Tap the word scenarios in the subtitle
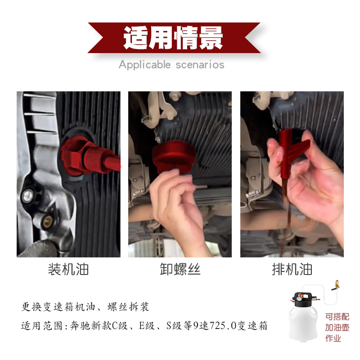(198, 65)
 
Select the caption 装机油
(68, 269)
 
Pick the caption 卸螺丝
(180, 269)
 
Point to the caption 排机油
(292, 269)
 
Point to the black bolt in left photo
(28, 195)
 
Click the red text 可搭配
(337, 317)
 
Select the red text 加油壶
(337, 328)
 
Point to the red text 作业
(333, 338)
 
